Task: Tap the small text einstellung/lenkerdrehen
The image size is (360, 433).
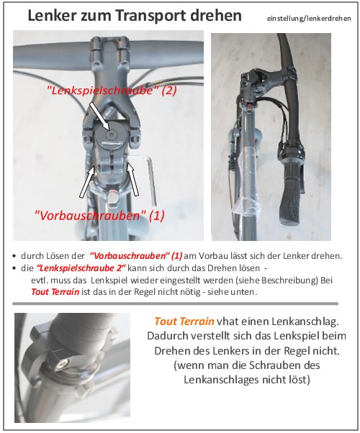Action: pyautogui.click(x=309, y=19)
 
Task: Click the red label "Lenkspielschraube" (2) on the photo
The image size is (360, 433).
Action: pyautogui.click(x=112, y=91)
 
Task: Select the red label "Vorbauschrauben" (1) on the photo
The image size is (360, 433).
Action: pyautogui.click(x=99, y=215)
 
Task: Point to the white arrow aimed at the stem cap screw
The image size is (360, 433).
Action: pyautogui.click(x=99, y=116)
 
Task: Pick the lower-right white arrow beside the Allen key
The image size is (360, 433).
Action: pyautogui.click(x=132, y=180)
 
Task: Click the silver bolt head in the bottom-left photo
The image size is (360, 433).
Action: pyautogui.click(x=61, y=364)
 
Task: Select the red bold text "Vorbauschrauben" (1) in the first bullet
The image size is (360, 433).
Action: pyautogui.click(x=136, y=256)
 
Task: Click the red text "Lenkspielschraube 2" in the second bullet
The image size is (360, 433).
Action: pyautogui.click(x=81, y=268)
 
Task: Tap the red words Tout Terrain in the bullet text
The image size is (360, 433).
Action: pyautogui.click(x=55, y=292)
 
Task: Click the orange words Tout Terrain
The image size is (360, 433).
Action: pyautogui.click(x=184, y=322)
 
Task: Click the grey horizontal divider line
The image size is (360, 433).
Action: pyautogui.click(x=175, y=304)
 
